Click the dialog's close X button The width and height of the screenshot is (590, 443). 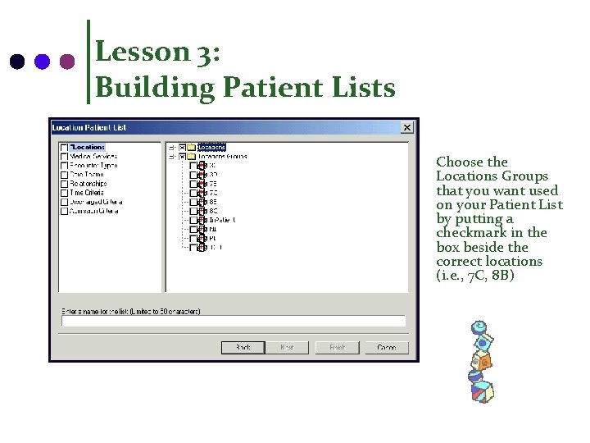pos(406,127)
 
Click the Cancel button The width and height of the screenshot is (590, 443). pos(387,347)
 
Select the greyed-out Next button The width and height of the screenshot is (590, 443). pos(287,347)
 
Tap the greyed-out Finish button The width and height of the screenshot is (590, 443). pos(337,347)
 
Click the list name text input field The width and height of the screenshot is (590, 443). pos(234,322)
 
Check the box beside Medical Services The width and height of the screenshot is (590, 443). pos(64,157)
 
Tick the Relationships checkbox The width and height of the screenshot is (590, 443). pos(64,184)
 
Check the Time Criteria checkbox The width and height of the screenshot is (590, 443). pos(64,193)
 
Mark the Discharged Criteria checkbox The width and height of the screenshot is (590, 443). pos(64,202)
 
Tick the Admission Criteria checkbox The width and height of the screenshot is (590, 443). pos(64,211)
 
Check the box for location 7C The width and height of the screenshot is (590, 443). pos(194,193)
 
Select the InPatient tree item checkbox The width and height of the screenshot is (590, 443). pos(194,220)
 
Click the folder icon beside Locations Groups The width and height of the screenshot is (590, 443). pos(191,157)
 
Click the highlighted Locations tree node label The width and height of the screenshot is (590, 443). pos(211,148)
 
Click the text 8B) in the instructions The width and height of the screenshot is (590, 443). pos(501,276)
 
